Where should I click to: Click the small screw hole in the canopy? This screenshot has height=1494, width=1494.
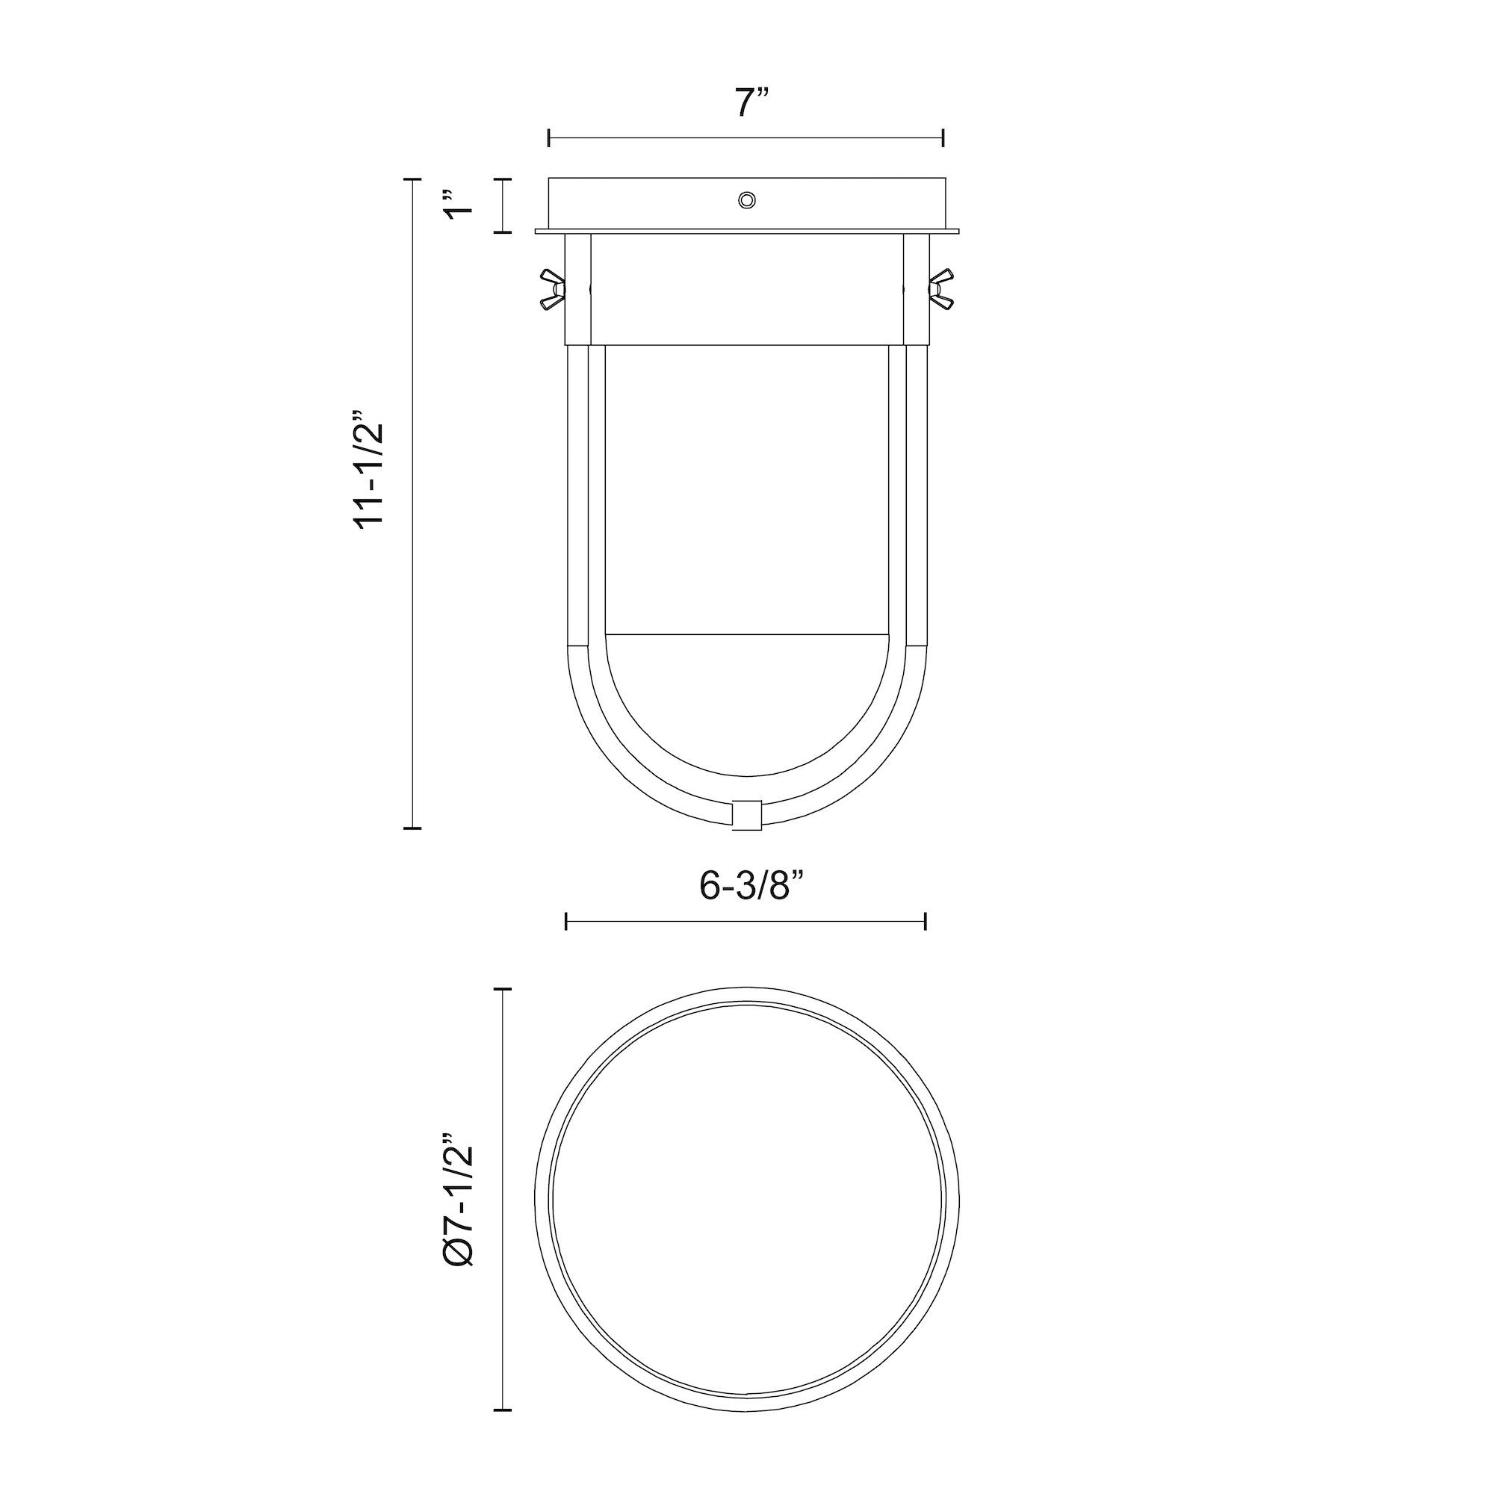click(747, 200)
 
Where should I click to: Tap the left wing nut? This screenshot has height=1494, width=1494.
click(553, 288)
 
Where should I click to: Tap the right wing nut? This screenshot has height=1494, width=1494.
click(942, 288)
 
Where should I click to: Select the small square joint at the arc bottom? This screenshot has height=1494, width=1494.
click(746, 815)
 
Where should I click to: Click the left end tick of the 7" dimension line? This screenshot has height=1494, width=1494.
click(549, 138)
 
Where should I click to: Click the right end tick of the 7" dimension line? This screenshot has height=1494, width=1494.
click(943, 138)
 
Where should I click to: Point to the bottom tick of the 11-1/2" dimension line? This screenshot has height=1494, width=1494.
click(412, 828)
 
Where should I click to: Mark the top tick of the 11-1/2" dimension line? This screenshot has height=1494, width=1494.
click(412, 179)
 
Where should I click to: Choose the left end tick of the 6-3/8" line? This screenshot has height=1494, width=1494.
click(567, 921)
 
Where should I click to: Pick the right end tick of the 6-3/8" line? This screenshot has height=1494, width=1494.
click(926, 921)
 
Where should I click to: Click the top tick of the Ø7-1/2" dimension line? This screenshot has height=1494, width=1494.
click(503, 989)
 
